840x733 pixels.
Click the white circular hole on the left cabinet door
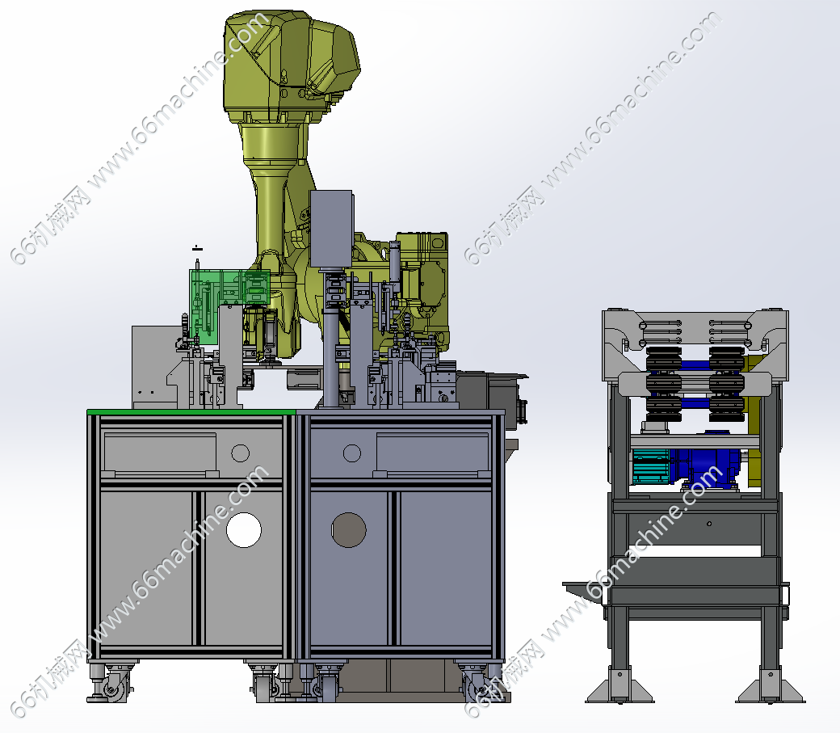click(x=244, y=530)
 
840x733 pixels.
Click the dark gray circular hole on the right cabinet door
click(x=349, y=530)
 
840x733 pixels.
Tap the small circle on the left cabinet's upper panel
click(x=240, y=453)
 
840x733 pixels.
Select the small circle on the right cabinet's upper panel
click(x=352, y=453)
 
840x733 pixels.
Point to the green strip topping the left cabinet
click(x=191, y=412)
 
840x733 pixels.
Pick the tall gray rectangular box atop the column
click(x=331, y=229)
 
